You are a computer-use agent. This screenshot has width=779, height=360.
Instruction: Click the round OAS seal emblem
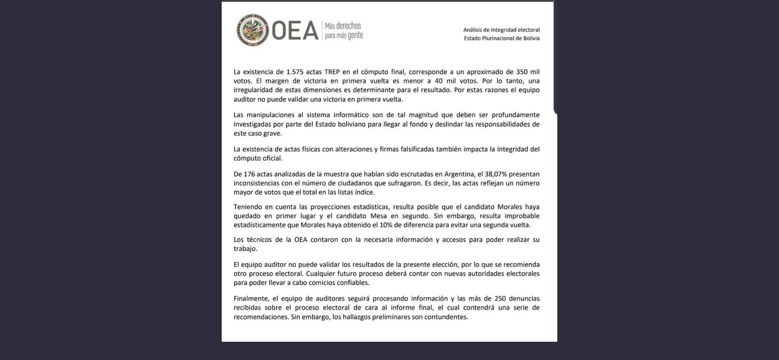(x=253, y=30)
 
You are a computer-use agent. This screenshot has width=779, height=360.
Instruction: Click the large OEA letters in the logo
(x=295, y=31)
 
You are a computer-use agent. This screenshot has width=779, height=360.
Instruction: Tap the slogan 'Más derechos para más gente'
(x=344, y=30)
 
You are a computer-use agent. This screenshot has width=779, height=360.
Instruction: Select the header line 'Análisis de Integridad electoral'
(x=501, y=30)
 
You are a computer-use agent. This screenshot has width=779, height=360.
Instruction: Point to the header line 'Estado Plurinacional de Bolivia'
(x=502, y=38)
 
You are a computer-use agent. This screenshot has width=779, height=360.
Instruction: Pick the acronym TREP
(x=332, y=72)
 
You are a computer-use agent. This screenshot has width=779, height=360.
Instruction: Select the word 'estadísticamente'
(x=260, y=225)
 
